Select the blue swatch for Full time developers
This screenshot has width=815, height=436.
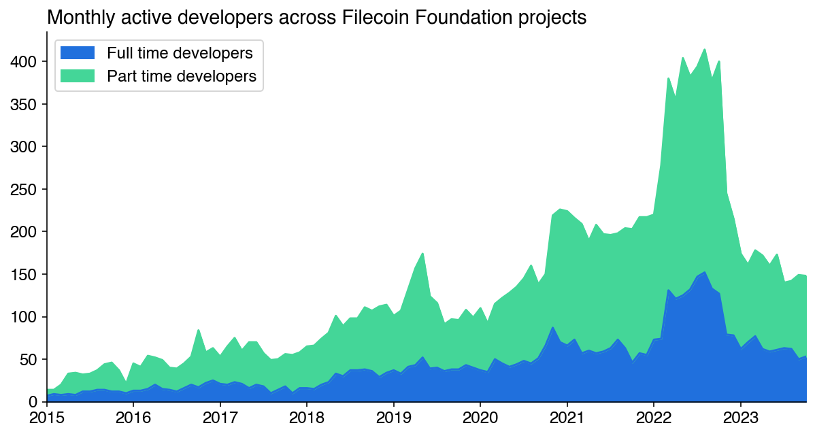[78, 53]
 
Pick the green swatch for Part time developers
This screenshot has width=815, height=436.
[78, 76]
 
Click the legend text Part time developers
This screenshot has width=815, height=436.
[182, 76]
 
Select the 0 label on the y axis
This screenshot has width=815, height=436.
[33, 402]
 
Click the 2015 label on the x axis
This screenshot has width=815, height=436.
[47, 416]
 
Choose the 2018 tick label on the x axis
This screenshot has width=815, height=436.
[307, 416]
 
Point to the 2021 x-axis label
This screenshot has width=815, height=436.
[567, 416]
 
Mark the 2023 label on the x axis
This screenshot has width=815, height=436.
[740, 416]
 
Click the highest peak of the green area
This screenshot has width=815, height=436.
[704, 49]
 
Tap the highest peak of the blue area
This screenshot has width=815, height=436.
[705, 272]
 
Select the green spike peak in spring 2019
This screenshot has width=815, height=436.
[422, 254]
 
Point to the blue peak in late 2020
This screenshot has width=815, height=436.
[552, 327]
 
